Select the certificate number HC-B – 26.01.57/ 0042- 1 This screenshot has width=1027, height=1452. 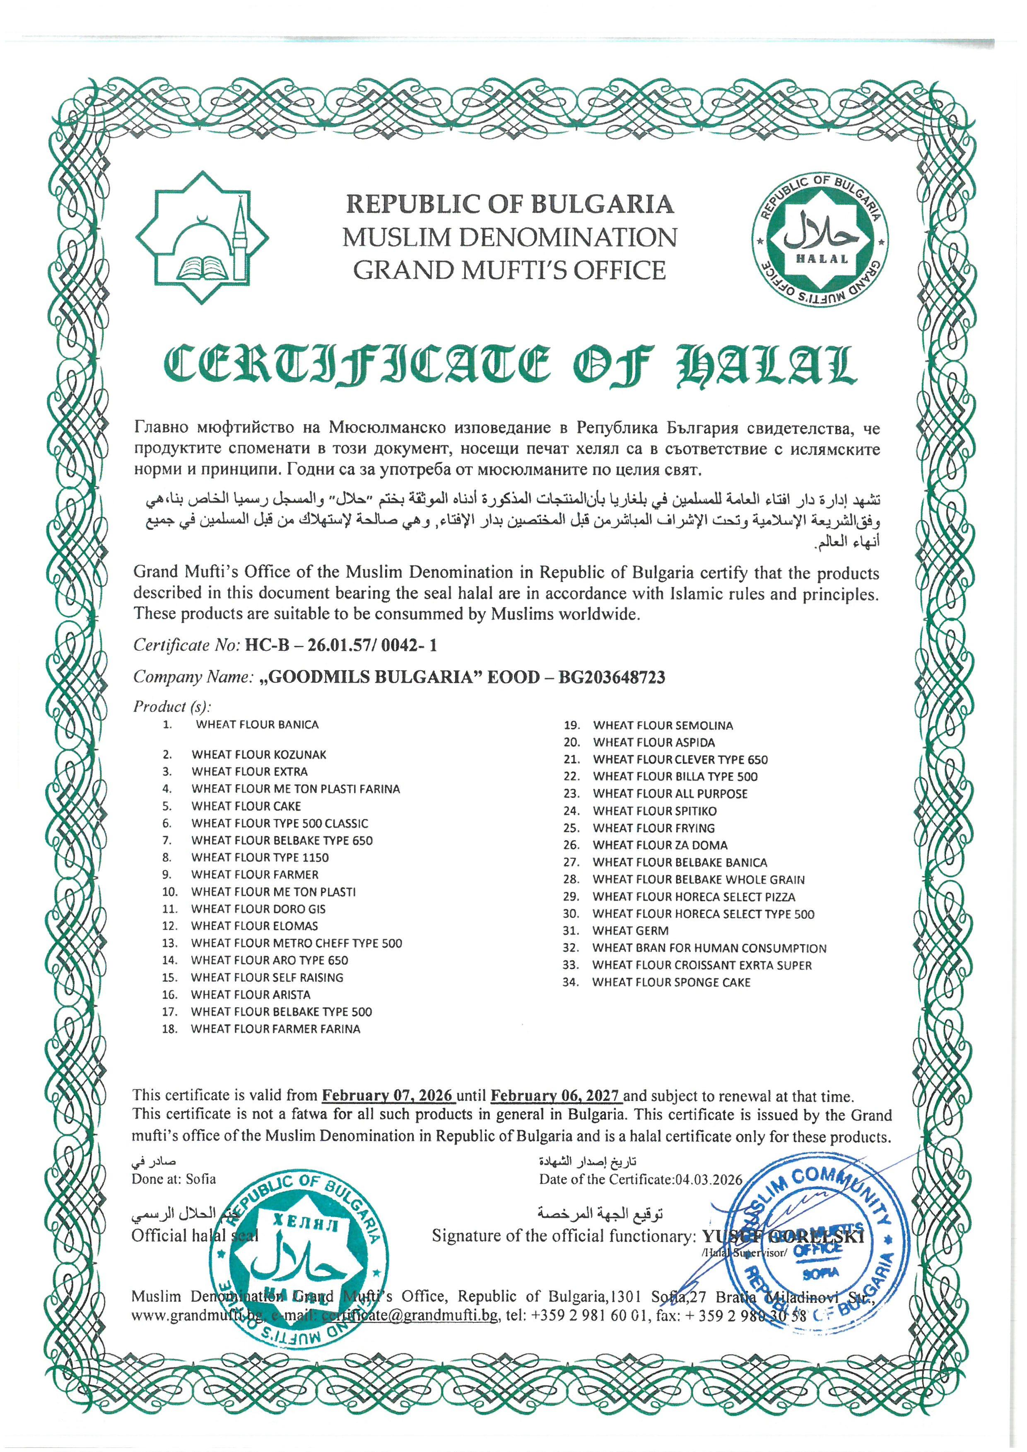(340, 645)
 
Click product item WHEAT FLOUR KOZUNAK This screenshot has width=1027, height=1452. (259, 755)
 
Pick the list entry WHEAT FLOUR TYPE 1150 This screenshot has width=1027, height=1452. (260, 858)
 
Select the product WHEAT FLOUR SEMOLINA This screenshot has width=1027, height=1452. (663, 726)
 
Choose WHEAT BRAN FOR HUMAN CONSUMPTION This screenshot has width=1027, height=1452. (709, 948)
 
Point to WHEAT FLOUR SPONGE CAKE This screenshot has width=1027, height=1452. (671, 983)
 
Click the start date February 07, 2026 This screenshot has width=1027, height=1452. (387, 1096)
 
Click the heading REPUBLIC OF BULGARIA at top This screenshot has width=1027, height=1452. (510, 204)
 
